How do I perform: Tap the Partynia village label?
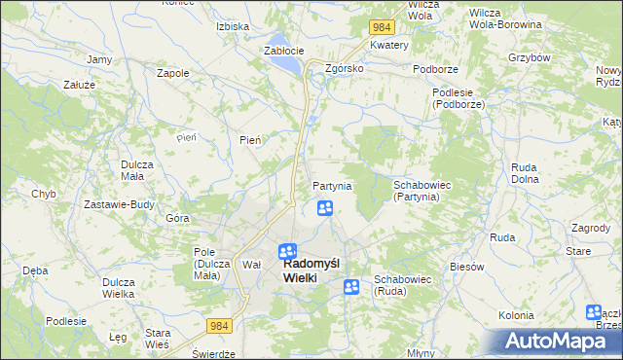coord(332,186)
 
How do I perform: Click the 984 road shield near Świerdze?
coord(220,329)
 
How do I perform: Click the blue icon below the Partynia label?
coord(325,208)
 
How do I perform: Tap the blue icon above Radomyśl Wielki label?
coord(287,251)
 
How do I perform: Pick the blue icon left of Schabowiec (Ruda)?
coord(351,286)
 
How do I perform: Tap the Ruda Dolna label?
coord(525,172)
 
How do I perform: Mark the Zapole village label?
coord(172,72)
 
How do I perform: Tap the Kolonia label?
coord(516,315)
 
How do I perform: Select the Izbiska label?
coord(234,26)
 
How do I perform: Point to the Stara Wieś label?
coord(157,339)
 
